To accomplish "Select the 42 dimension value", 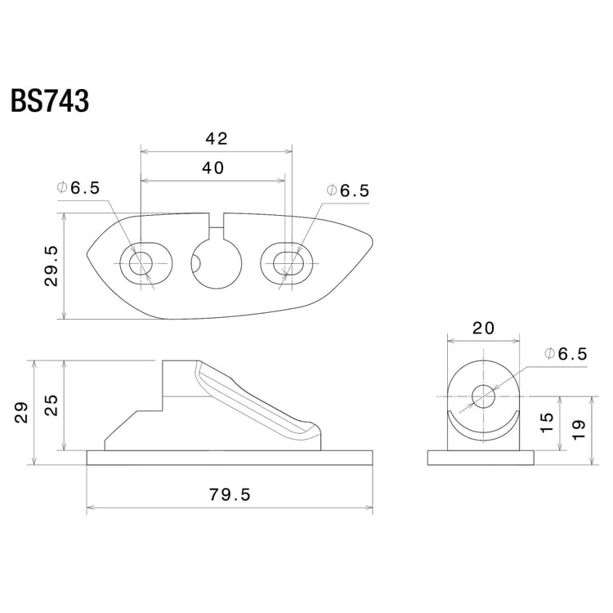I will (217, 139).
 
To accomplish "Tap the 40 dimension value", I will (214, 168).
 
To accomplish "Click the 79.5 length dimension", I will (230, 494).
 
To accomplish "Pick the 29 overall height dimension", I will (22, 411).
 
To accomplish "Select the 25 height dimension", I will (51, 405).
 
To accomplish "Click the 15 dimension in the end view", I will (547, 422).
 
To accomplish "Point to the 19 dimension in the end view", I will (578, 429).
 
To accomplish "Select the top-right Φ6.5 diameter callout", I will (348, 190).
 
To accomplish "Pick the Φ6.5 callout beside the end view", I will (566, 354).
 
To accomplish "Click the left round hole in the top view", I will (140, 263).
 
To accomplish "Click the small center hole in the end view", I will (483, 396).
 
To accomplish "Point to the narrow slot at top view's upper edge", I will (217, 219).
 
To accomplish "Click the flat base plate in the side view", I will (230, 458).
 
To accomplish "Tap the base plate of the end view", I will (483, 458).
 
